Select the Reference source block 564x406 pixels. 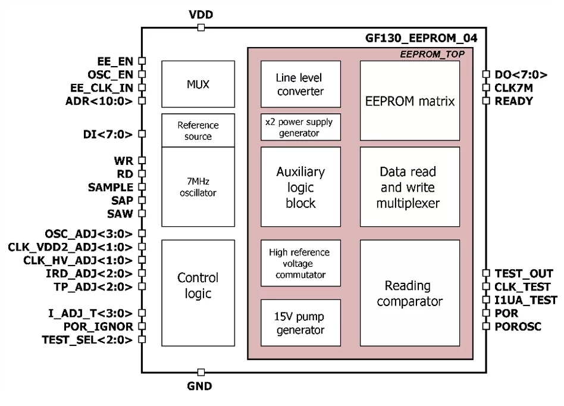[198, 130]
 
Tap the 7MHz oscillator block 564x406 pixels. [198, 186]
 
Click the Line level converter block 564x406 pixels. [300, 85]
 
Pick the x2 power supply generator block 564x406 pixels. [300, 127]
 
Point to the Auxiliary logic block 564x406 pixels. [300, 187]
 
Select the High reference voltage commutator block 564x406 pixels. [300, 262]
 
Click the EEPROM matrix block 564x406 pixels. [409, 101]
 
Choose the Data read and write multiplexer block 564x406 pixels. [409, 187]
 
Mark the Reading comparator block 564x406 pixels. [409, 292]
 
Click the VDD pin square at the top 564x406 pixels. [201, 27]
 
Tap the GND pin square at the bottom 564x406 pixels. [201, 373]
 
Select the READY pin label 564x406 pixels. [514, 101]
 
